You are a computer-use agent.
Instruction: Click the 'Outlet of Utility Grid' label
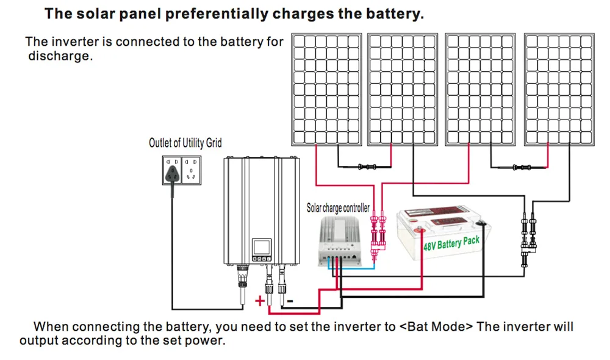coord(185,143)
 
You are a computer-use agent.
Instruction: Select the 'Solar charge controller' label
coord(337,208)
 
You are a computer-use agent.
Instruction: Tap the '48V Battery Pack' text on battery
coord(451,245)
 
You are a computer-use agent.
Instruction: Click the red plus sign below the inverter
coord(260,300)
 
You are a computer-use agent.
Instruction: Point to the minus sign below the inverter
coord(290,300)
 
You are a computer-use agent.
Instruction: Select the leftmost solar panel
coord(327,90)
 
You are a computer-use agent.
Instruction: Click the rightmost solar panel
coord(561,90)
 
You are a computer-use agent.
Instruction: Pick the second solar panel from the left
coord(404,90)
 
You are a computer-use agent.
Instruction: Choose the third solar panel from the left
coord(483,90)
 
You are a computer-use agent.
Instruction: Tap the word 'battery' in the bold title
coord(392,13)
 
